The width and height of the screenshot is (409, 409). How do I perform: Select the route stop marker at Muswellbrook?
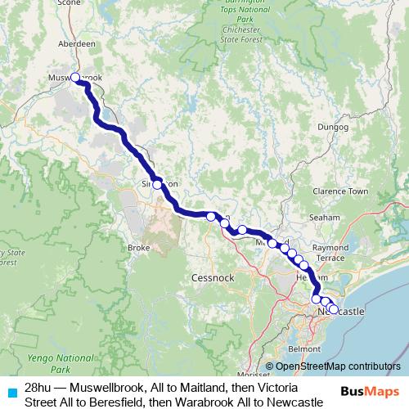tap(75, 78)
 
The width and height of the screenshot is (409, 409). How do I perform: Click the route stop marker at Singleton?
tap(157, 185)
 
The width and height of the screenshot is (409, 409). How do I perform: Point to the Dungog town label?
tap(332, 128)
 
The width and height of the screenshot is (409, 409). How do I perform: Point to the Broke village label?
tap(136, 247)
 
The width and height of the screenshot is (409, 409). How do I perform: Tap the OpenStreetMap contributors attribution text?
tap(338, 367)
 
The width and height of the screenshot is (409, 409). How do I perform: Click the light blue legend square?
tap(11, 392)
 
